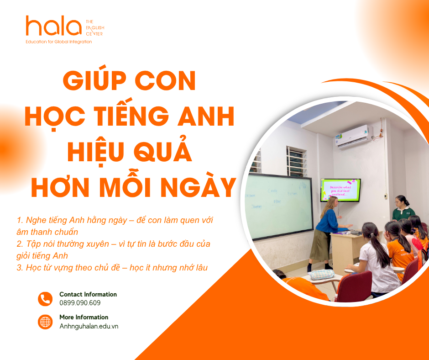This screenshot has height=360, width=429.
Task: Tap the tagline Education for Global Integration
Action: tap(59, 42)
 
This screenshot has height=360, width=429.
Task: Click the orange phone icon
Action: tap(45, 299)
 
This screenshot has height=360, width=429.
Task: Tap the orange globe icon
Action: tap(45, 322)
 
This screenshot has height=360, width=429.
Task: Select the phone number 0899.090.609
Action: tap(80, 303)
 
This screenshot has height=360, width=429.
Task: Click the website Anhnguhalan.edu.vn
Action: tap(89, 326)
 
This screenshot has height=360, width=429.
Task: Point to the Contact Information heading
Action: tap(88, 294)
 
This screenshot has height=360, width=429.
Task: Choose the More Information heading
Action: tap(84, 317)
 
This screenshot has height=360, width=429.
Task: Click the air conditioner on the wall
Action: tap(354, 136)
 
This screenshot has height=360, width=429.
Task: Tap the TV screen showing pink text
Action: tap(340, 190)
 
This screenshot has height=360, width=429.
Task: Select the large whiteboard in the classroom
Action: tap(279, 206)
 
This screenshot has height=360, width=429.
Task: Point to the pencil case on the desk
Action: tap(322, 274)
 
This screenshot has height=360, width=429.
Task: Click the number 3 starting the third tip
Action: tap(19, 268)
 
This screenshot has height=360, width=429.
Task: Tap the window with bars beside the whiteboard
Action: tap(296, 161)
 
